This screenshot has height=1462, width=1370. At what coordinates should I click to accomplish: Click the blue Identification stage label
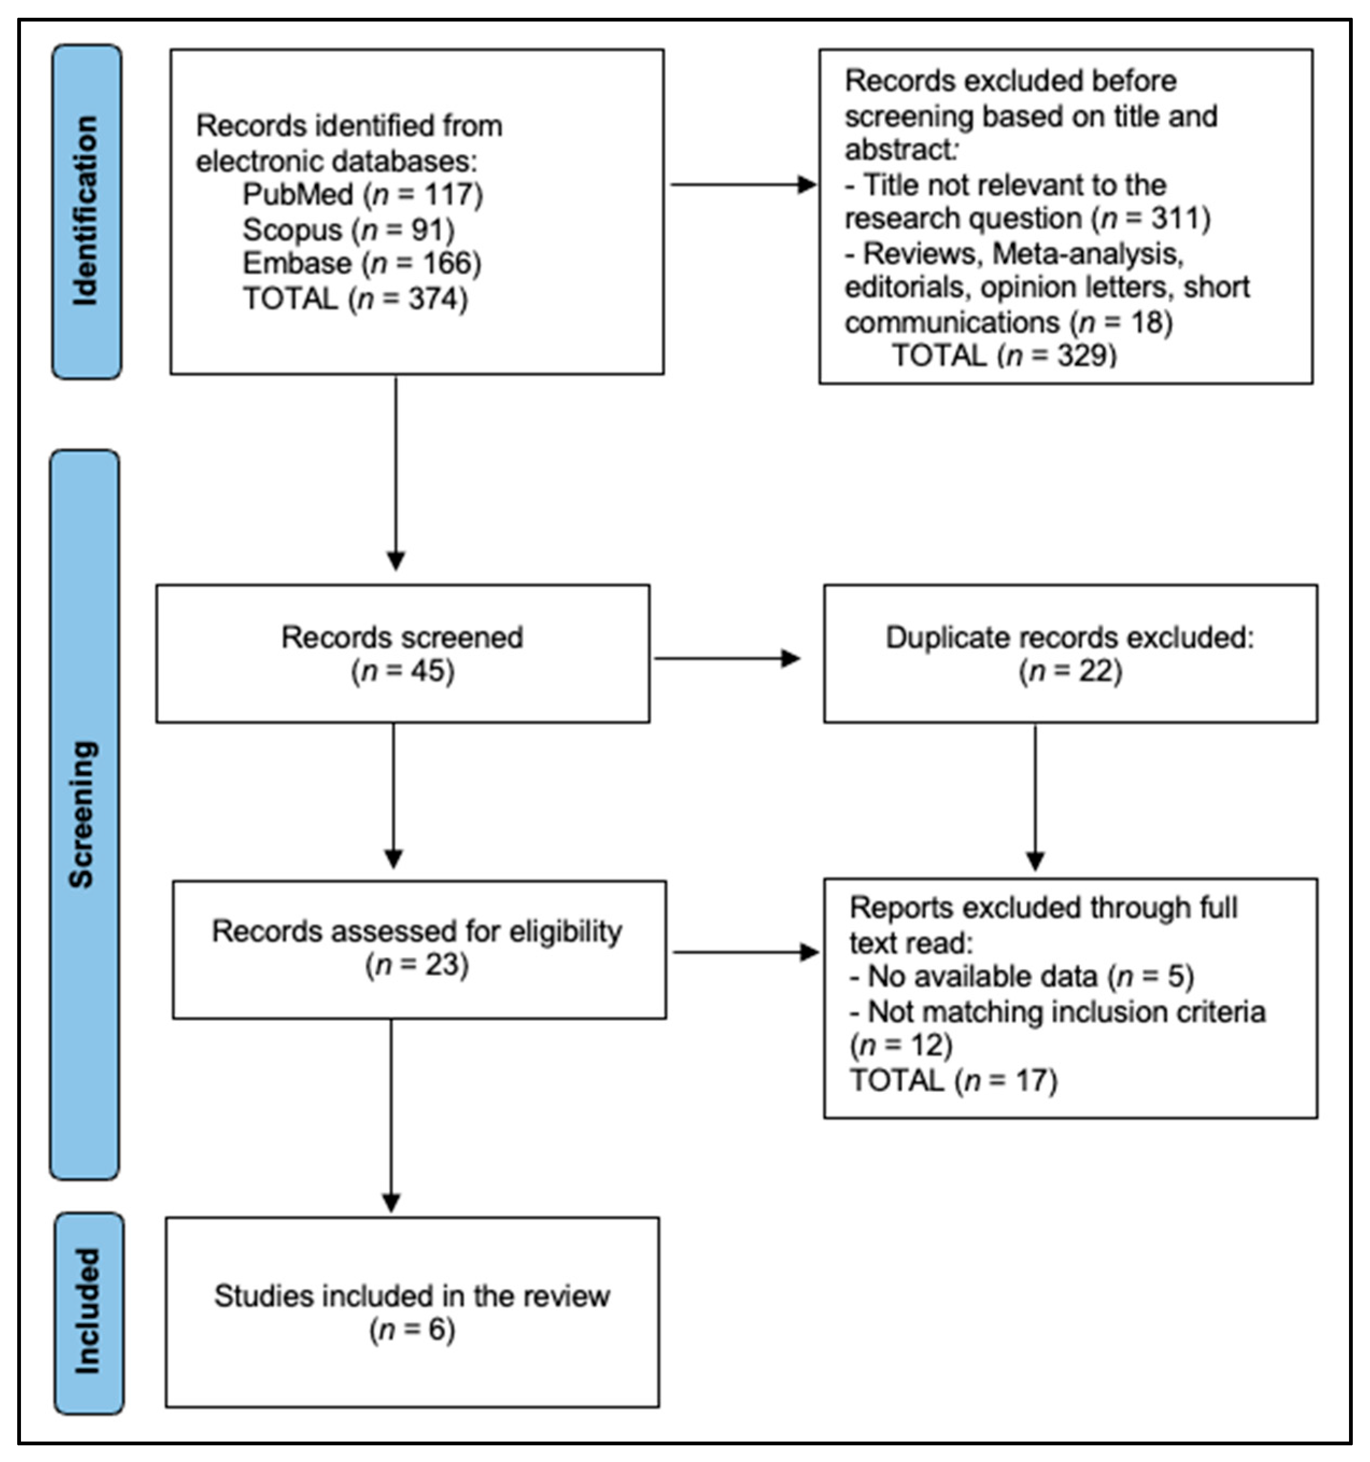[87, 212]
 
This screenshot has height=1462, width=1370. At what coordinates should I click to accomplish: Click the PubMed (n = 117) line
[363, 195]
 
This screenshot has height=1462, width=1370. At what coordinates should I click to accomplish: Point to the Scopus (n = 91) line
[349, 230]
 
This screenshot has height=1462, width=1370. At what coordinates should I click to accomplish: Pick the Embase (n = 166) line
[362, 263]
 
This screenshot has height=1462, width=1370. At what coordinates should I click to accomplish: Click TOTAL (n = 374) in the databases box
[355, 299]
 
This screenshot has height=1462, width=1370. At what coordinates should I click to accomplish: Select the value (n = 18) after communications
[1121, 322]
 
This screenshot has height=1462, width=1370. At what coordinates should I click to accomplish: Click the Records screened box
[402, 653]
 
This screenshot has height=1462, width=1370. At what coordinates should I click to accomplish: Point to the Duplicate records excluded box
[1070, 653]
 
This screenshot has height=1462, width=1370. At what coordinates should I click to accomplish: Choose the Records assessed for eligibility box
[418, 949]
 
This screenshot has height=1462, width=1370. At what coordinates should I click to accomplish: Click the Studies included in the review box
[412, 1312]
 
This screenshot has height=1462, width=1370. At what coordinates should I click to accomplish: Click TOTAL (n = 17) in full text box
[953, 1080]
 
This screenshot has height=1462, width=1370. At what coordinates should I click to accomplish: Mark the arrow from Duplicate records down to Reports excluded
[1035, 798]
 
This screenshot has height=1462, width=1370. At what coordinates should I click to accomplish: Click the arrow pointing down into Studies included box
[391, 1116]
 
